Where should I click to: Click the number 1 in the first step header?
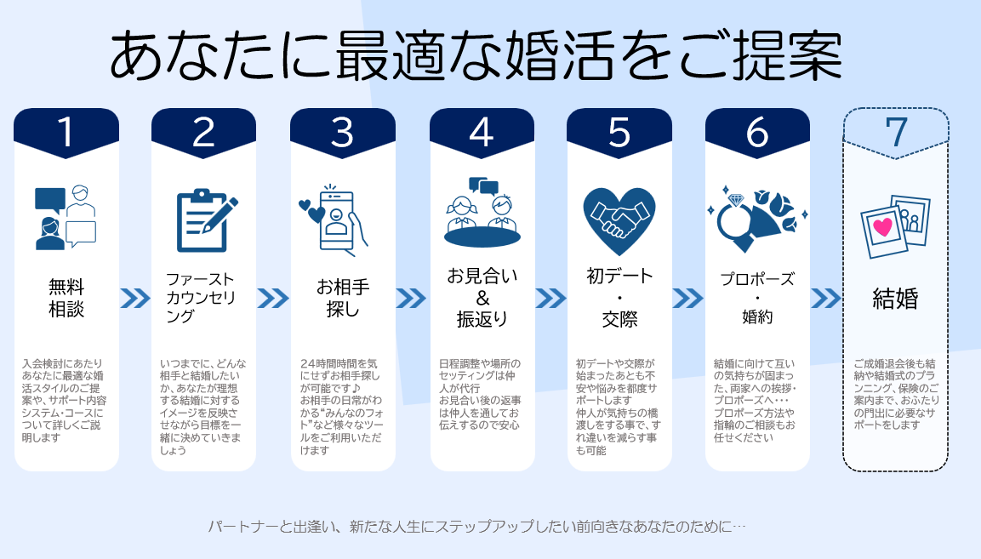tap(66, 132)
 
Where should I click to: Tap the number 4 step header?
tap(482, 133)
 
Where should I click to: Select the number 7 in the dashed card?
tap(896, 132)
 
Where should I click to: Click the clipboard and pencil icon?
tap(206, 220)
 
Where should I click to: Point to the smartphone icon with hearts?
tap(332, 220)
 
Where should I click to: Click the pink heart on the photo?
tap(883, 226)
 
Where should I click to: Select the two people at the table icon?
tap(482, 212)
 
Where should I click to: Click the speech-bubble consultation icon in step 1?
tap(66, 217)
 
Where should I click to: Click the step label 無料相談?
tap(66, 298)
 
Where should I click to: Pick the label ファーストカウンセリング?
tap(200, 297)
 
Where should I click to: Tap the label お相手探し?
tap(343, 298)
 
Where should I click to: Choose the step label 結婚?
tap(895, 299)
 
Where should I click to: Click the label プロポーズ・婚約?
tap(757, 298)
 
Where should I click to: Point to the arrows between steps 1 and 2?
tap(135, 299)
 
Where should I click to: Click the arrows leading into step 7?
tap(826, 299)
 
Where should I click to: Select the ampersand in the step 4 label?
tap(482, 298)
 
